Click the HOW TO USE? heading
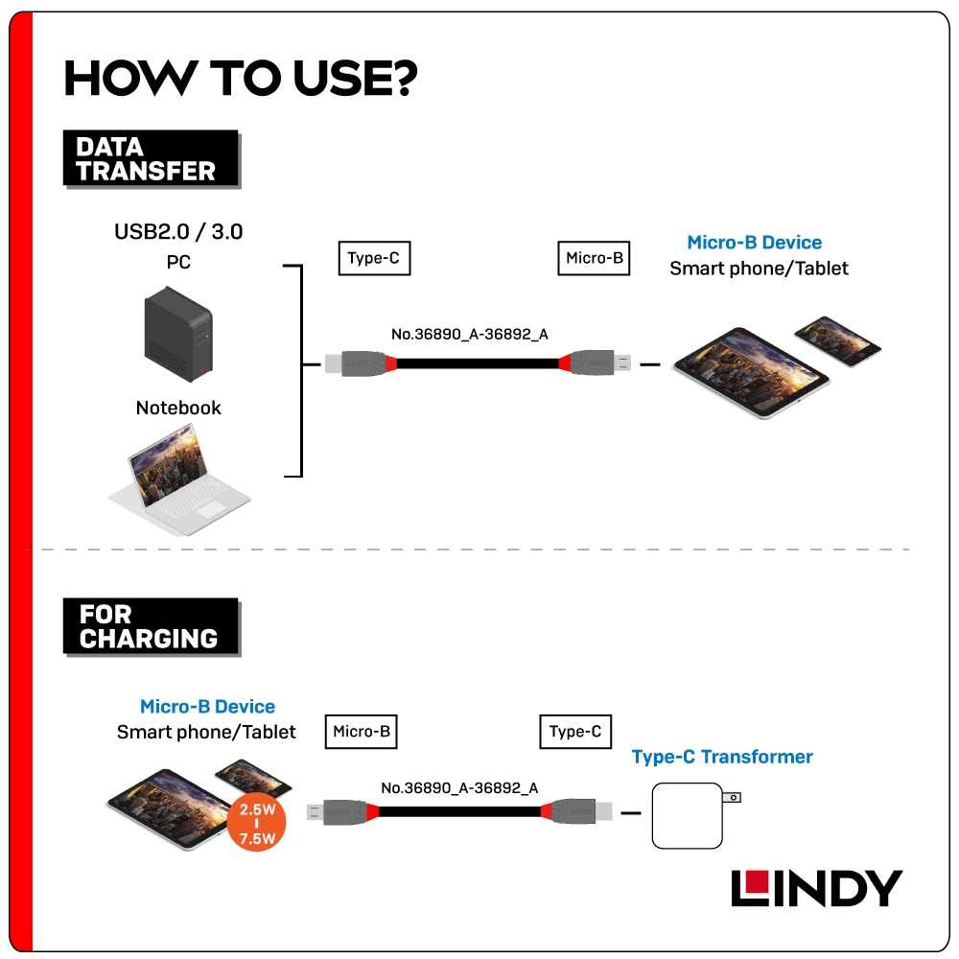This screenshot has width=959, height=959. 240,79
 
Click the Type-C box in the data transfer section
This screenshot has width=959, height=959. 374,258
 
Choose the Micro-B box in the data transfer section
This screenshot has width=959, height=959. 594,258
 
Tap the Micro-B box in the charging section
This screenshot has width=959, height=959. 361,732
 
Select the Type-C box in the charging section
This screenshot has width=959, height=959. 575,732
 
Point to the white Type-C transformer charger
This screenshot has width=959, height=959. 686,815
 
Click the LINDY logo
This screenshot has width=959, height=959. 816,888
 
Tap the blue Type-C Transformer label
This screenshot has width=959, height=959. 722,757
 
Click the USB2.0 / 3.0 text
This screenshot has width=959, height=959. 178,231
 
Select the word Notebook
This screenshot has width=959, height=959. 178,408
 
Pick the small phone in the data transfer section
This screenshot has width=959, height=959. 837,340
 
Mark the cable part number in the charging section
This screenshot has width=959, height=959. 459,788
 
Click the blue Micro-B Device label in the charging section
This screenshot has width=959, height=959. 207,707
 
